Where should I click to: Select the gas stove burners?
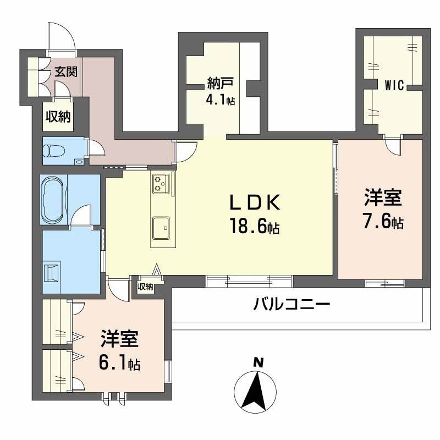[161, 183]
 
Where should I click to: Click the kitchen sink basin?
[161, 227]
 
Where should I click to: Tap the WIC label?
[394, 85]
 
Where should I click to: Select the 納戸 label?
[221, 84]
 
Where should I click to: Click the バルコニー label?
[291, 303]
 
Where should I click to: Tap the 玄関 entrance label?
[65, 71]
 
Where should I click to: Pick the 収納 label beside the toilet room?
[57, 117]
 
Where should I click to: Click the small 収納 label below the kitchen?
[145, 287]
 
